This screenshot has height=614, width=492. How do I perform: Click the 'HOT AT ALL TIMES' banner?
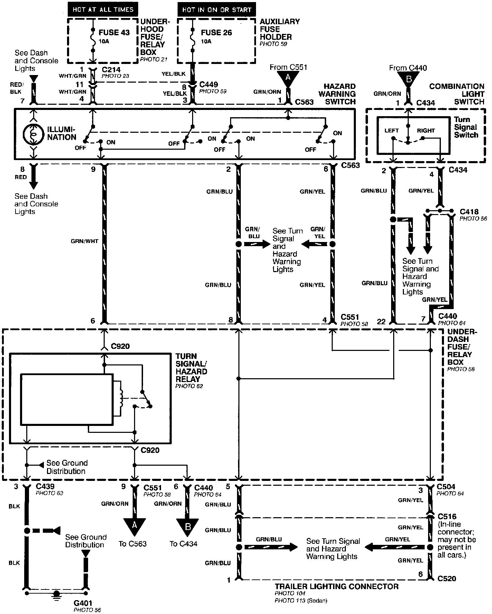coord(103,9)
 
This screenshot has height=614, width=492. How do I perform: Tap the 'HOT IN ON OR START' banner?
coord(217,9)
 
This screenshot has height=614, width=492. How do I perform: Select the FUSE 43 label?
coord(114,32)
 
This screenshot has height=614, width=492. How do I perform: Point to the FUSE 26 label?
coord(217,32)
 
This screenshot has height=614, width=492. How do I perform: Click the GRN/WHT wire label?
coord(85,241)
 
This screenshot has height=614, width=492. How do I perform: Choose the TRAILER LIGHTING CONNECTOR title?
coord(337,586)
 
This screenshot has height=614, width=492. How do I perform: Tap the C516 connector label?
coord(447,517)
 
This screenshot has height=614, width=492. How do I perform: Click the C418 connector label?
coord(469,212)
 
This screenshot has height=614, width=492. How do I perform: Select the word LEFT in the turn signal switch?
coord(391,131)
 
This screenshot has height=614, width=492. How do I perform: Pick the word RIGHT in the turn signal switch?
coord(426,131)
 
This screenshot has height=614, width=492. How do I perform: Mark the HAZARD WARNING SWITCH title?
coord(337,94)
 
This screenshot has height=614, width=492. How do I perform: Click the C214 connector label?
coord(111,69)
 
